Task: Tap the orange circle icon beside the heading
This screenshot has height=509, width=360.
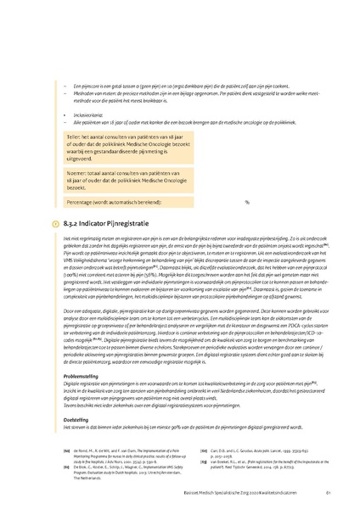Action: [x=56, y=223]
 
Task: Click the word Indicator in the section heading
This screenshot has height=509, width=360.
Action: [x=95, y=223]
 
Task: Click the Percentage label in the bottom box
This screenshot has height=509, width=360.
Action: [x=85, y=203]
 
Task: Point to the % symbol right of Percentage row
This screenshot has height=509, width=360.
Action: [x=247, y=203]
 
